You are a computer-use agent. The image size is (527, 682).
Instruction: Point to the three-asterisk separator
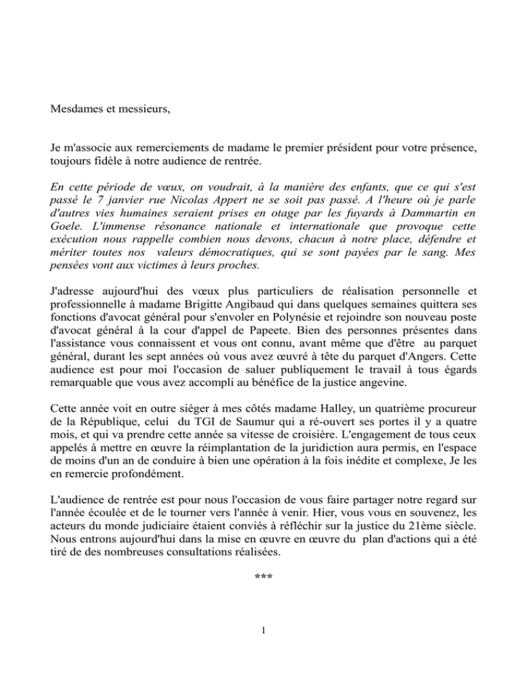pos(263,578)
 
